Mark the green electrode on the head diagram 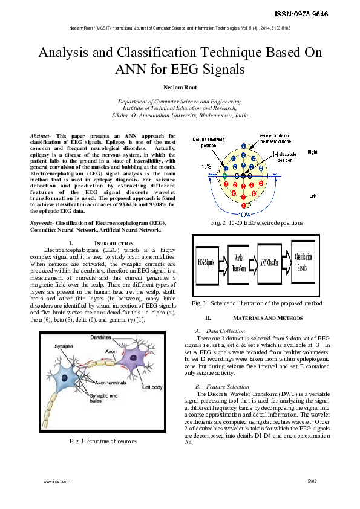(x=225, y=176)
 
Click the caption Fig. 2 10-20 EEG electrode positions (x=257, y=223)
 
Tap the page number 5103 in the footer (x=312, y=481)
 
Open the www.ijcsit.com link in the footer (x=57, y=481)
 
